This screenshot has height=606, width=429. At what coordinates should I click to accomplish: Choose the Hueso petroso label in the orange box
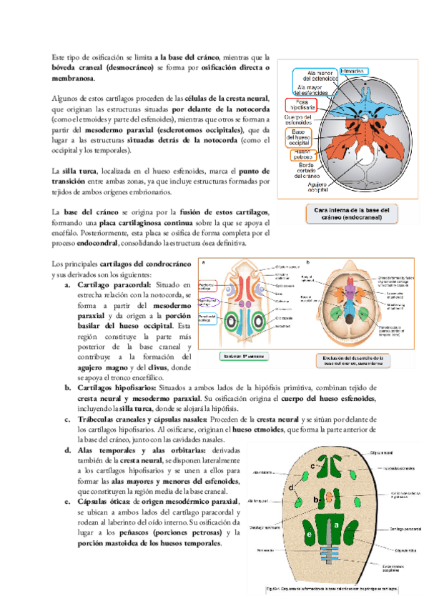pos(302,154)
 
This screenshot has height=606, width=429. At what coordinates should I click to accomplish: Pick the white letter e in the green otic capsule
pos(310,535)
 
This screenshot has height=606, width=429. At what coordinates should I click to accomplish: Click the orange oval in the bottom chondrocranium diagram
pos(329,495)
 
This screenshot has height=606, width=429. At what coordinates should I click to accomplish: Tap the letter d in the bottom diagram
pos(292,487)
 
